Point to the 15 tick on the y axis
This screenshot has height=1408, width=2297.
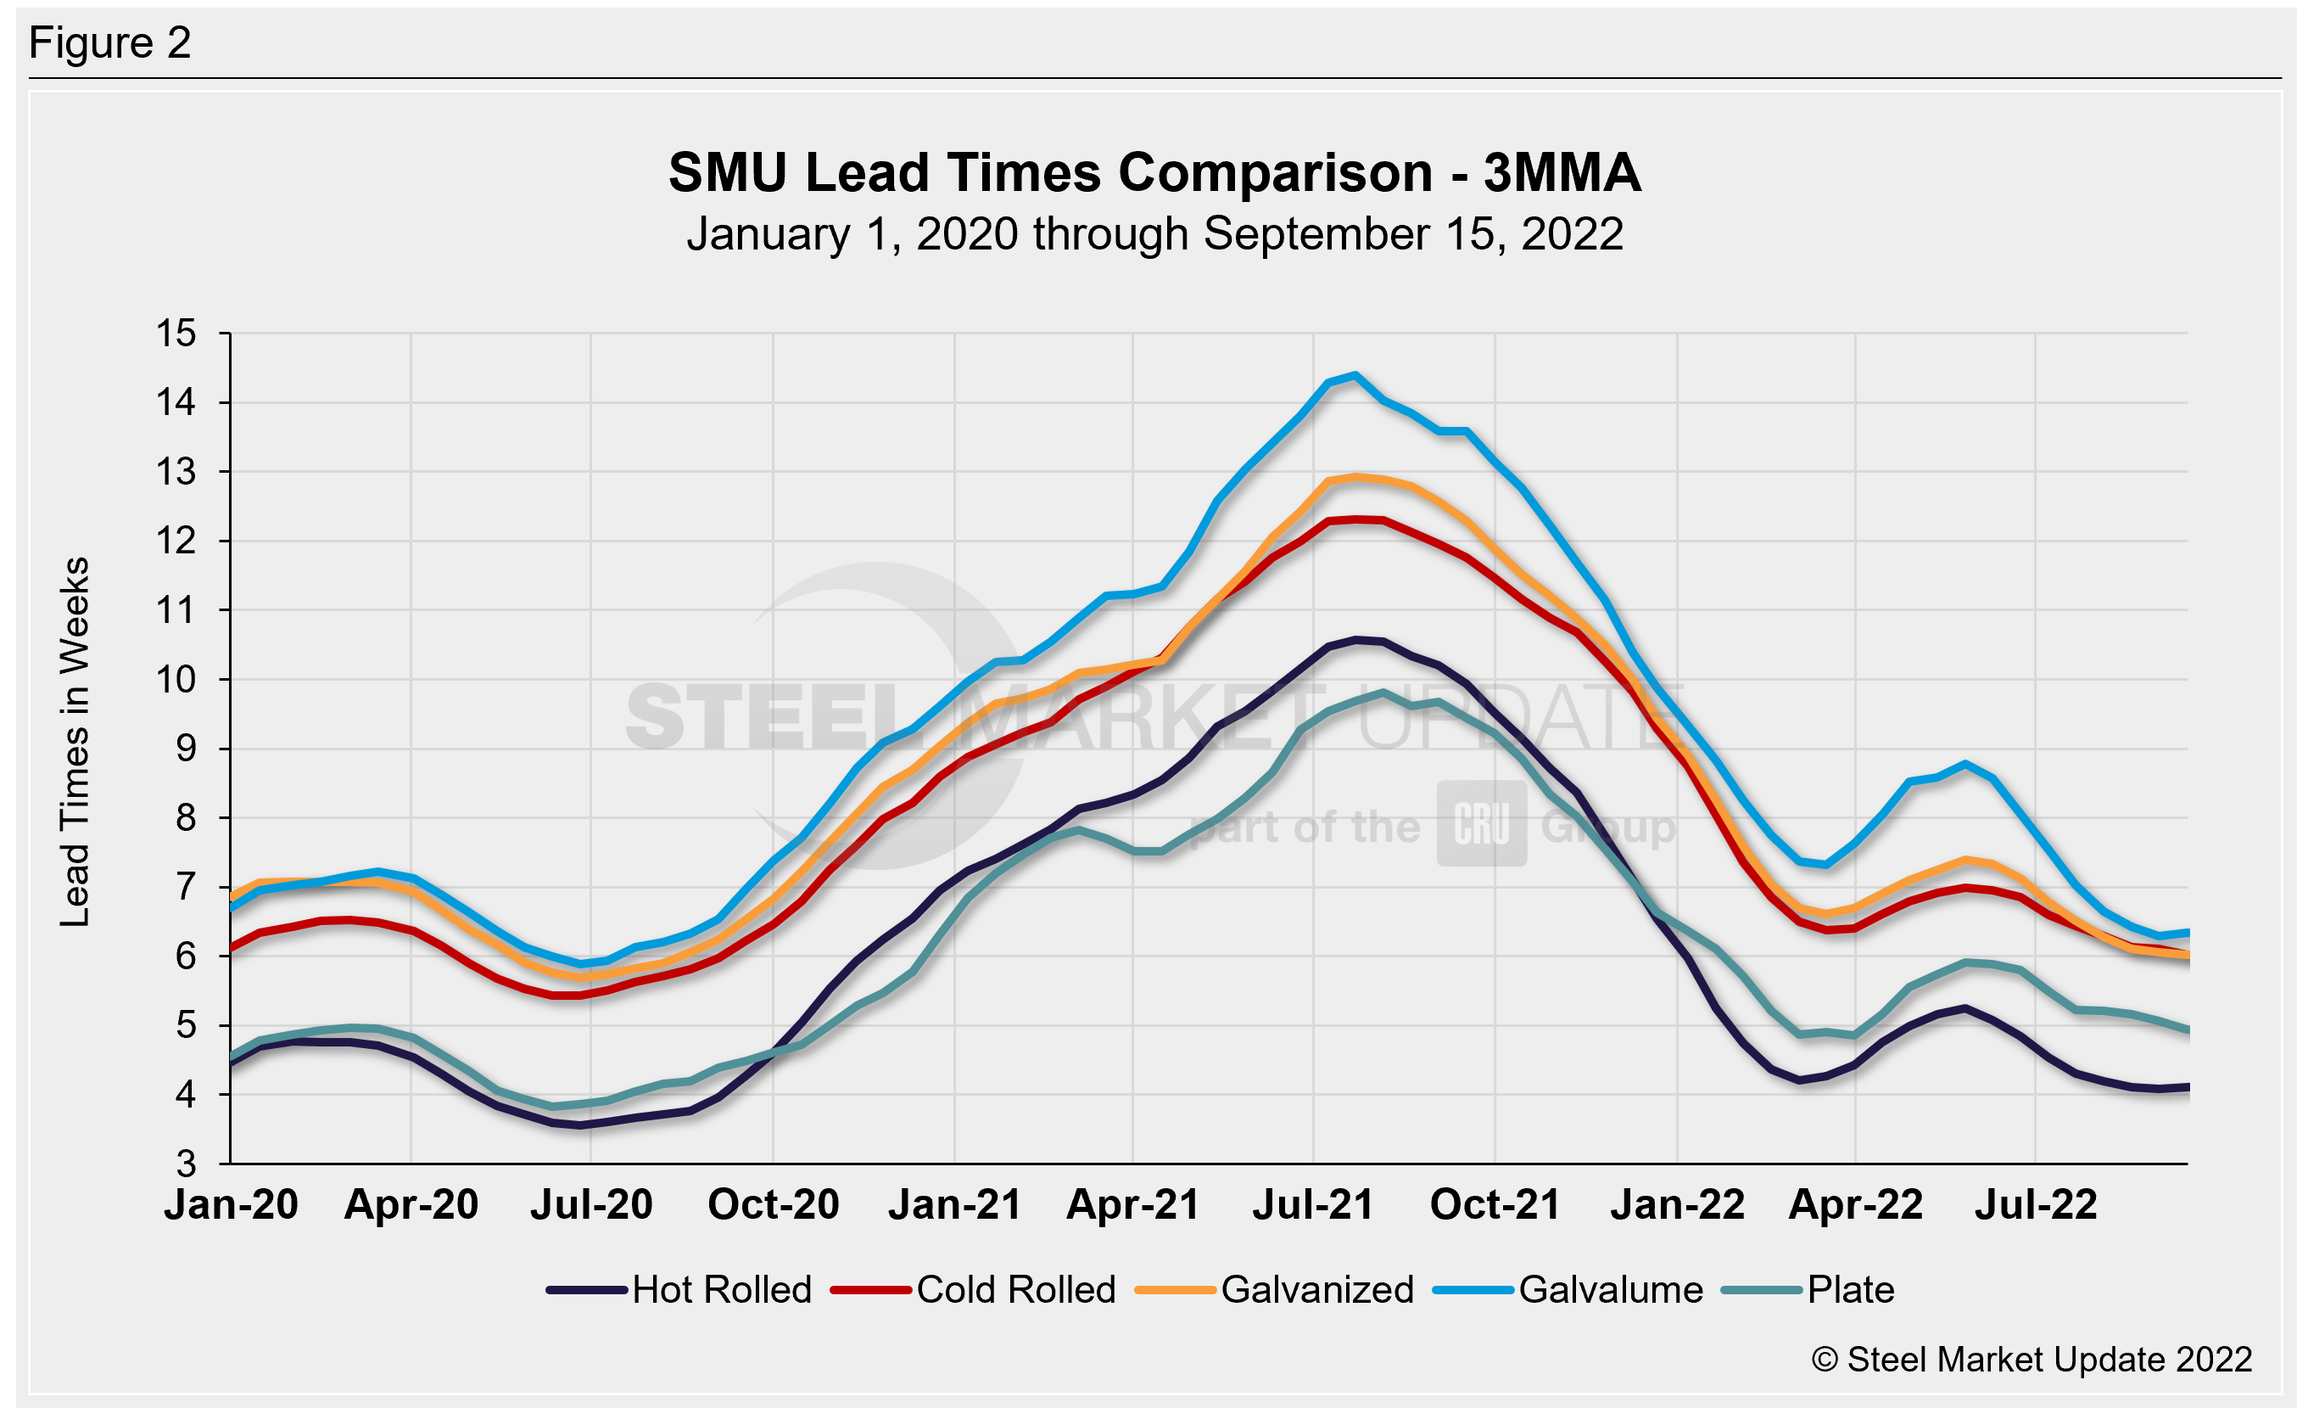(x=176, y=333)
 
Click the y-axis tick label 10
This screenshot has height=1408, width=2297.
(x=176, y=680)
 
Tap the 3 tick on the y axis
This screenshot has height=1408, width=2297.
(x=187, y=1164)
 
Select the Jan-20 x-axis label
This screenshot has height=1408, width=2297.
(x=232, y=1204)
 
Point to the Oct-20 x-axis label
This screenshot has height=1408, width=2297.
(x=773, y=1204)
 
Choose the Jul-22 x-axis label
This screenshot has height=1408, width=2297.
(x=2035, y=1204)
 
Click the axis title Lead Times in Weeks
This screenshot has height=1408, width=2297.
(x=75, y=741)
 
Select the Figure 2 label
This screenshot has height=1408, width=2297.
(x=110, y=43)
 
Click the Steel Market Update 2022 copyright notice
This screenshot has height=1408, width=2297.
(x=2032, y=1360)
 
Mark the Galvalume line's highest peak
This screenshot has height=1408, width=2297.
(x=1355, y=375)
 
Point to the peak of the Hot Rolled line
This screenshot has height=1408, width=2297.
(x=1356, y=640)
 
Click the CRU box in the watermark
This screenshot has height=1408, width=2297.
(x=1480, y=823)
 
